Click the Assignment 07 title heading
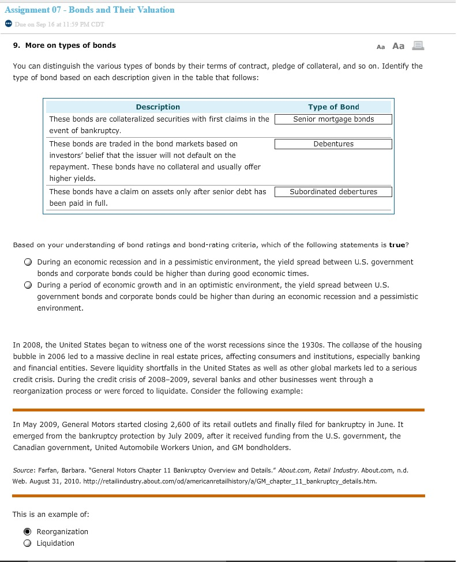pos(89,10)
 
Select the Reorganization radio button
pos(28,531)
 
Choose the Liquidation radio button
pos(28,543)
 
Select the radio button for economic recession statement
pos(28,262)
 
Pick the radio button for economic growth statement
pos(28,285)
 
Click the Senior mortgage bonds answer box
pos(333,119)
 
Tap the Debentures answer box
pos(333,144)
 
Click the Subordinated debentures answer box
pos(333,192)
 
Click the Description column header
pos(157,107)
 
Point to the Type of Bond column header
pos(333,107)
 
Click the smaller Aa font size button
pos(380,47)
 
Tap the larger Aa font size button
pos(398,46)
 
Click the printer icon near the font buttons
pos(419,46)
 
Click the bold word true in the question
pos(397,245)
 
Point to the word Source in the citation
pos(24,470)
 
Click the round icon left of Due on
pos(8,24)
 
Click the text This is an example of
pos(51,514)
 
